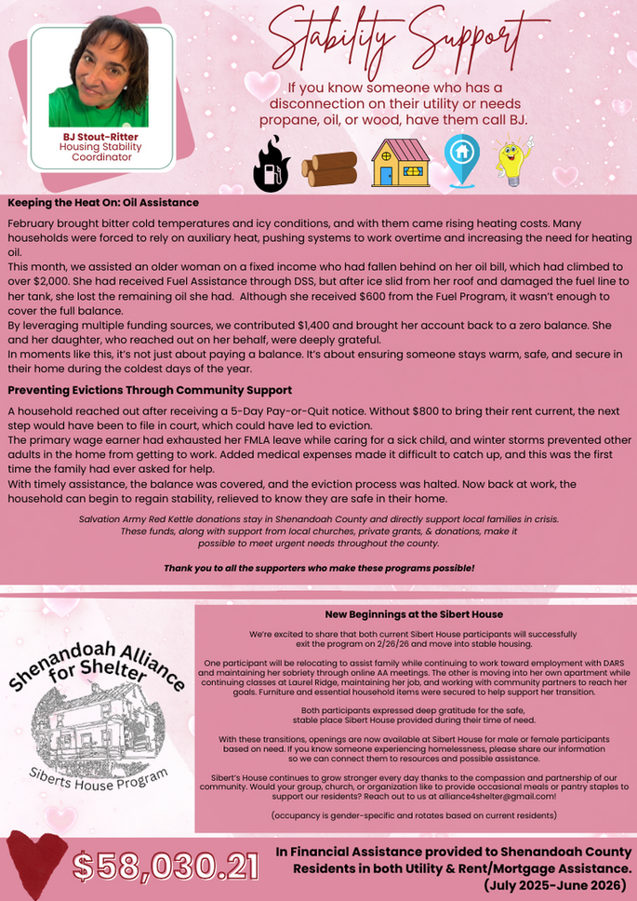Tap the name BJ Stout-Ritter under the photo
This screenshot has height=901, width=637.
point(101,137)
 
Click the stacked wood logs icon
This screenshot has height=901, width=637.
point(328,168)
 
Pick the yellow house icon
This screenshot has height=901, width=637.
point(400,163)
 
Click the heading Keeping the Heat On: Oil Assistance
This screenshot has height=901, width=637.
point(103,203)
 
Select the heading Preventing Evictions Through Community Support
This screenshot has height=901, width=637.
point(150,390)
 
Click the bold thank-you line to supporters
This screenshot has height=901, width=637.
point(319,568)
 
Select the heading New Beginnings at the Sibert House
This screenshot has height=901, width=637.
point(414,614)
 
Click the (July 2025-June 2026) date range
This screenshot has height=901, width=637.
point(558,885)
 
